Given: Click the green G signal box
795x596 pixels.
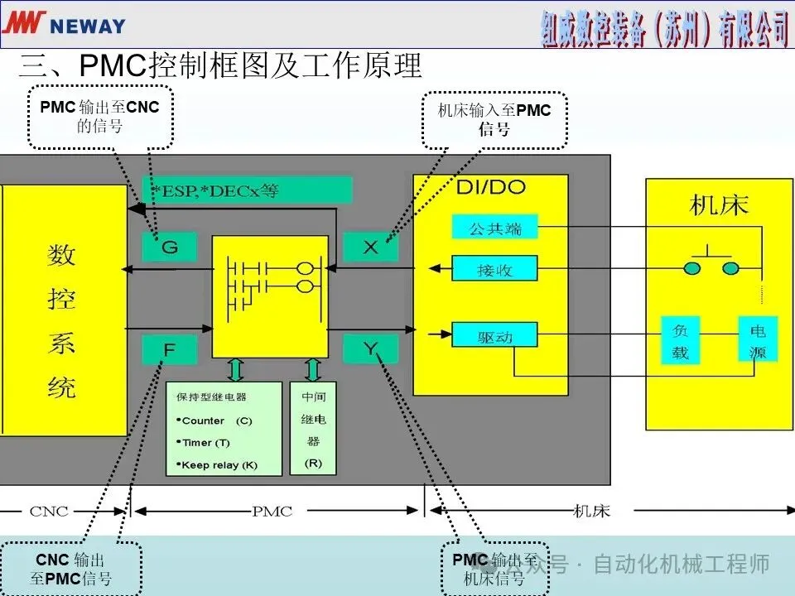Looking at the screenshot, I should pos(169,247).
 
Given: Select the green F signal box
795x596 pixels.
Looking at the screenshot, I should pos(169,349).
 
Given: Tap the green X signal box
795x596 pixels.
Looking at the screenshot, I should pos(370,247).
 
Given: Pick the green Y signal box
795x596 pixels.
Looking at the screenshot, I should pos(370,349).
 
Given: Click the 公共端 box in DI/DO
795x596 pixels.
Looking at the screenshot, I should pos(495,228).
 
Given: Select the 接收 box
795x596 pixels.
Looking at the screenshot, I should pos(495,269).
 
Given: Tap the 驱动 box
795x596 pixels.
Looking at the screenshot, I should pos(495,335).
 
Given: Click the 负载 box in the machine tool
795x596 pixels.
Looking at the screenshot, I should pos(680,341).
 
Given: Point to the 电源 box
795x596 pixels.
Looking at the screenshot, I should pos(758,341).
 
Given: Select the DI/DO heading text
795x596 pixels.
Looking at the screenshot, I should pos(490,187).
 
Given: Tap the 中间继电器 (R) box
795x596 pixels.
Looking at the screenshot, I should pos(313,428).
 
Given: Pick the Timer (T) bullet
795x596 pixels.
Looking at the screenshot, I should pos(204,443).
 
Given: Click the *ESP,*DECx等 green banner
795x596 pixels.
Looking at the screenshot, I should pos(247,190).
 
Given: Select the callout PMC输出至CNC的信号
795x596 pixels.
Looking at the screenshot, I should pos(99,116).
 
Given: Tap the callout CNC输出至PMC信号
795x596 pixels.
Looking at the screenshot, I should pos(70,570).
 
